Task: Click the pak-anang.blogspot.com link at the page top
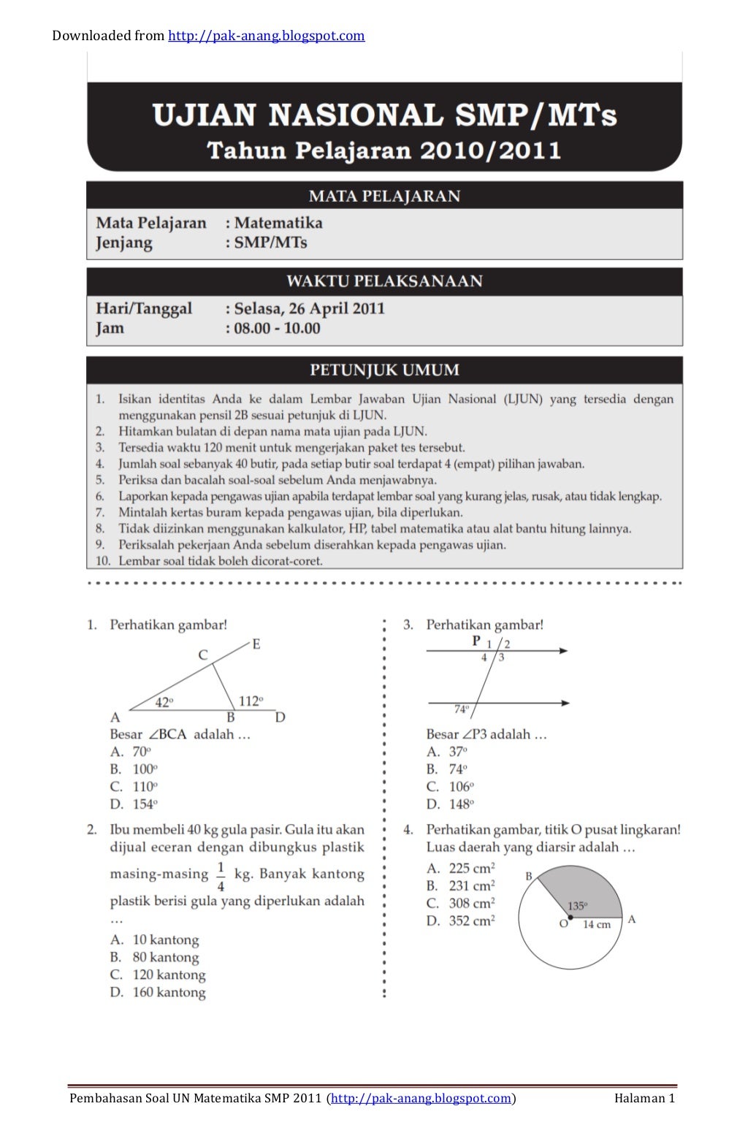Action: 266,36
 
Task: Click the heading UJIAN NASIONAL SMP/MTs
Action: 384,115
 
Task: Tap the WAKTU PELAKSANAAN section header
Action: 384,281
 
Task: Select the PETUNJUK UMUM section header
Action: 384,370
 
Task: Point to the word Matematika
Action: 278,223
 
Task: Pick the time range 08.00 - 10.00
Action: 277,328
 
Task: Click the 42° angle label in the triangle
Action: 164,702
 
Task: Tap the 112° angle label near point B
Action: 251,701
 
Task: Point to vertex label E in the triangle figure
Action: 256,644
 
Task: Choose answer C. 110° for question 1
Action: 134,787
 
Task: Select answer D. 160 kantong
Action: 158,992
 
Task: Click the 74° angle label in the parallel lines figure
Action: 461,709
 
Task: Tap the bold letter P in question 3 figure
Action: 476,641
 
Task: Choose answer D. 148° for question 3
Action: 451,804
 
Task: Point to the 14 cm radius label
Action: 596,924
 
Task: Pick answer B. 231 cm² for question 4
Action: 460,886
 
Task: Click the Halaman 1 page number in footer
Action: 644,1098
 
